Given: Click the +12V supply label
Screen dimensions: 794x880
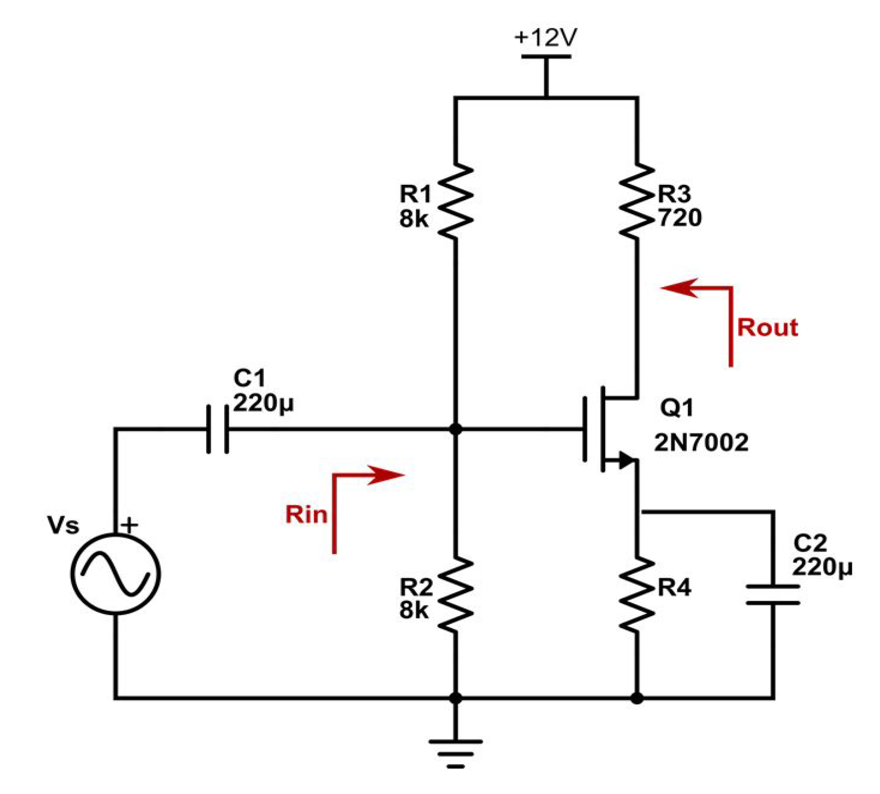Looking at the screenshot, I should tap(545, 38).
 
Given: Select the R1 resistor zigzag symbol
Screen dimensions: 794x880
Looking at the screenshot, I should tap(456, 201).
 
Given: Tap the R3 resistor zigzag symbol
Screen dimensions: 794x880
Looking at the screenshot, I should tap(637, 201).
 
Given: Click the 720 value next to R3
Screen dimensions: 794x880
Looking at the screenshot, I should tap(680, 218).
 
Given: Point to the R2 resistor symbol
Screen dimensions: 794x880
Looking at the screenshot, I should tap(456, 594).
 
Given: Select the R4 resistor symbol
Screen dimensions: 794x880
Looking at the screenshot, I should tap(637, 594).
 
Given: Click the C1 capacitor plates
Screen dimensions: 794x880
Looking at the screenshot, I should tap(218, 429).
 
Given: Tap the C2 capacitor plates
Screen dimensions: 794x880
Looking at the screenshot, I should tap(772, 594).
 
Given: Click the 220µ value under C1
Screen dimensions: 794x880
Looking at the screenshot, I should tap(263, 404).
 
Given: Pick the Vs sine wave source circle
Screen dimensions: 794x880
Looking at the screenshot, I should tap(115, 574).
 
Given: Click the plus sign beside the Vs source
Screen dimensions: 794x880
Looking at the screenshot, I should tap(130, 525).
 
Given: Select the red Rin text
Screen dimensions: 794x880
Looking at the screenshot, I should tap(306, 514).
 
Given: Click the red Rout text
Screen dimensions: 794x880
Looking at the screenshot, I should tap(767, 327).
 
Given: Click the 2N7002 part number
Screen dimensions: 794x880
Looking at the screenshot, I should tap(701, 443).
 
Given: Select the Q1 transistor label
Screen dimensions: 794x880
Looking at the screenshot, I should tap(676, 407).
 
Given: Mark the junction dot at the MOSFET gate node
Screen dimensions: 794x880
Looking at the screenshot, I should tap(456, 429).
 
